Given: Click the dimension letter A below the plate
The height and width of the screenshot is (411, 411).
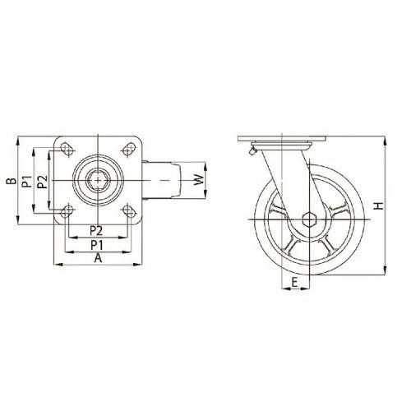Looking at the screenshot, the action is (x=98, y=258).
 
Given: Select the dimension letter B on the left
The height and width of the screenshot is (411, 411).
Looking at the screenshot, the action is (x=12, y=181).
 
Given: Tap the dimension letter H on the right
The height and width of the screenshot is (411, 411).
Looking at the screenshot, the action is (x=379, y=205).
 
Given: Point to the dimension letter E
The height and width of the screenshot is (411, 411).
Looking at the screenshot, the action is (x=295, y=282).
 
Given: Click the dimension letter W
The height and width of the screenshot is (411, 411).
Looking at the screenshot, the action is (x=199, y=180).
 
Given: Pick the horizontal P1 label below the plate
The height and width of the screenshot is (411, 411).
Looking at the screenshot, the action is (x=97, y=245).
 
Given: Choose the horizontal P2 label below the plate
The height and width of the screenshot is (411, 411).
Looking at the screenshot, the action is (x=96, y=231).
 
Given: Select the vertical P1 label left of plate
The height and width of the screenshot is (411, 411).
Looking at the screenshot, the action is (x=27, y=182).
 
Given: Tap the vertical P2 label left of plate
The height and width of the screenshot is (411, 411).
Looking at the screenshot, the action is (x=42, y=182).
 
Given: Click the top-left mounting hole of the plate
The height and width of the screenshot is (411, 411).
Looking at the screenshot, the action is (x=67, y=149).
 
